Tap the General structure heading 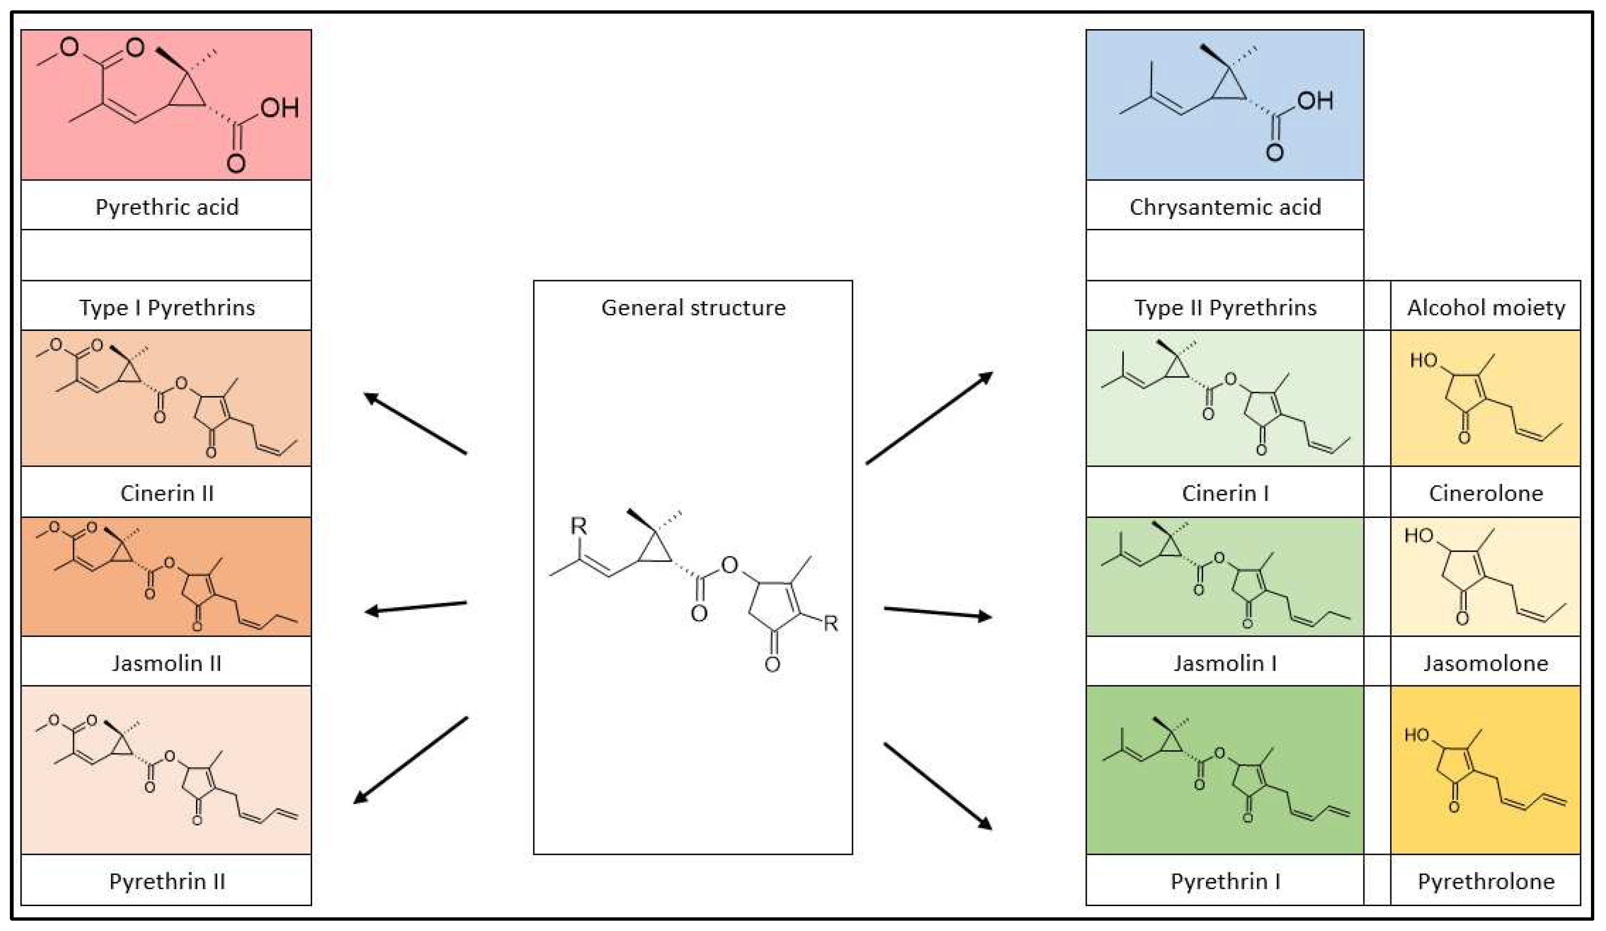pyautogui.click(x=693, y=308)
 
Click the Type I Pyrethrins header pyautogui.click(x=166, y=308)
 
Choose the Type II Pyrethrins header pyautogui.click(x=1224, y=308)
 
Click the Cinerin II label pyautogui.click(x=166, y=493)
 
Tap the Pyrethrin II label pyautogui.click(x=166, y=881)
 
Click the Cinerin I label pyautogui.click(x=1224, y=493)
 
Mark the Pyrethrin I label pyautogui.click(x=1224, y=881)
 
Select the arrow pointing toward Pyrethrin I pyautogui.click(x=938, y=786)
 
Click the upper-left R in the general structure pyautogui.click(x=578, y=526)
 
